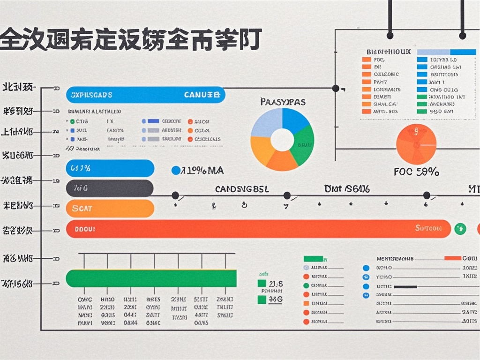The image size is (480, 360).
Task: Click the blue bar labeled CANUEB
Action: tap(145, 95)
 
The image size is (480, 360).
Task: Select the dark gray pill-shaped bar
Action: tap(110, 188)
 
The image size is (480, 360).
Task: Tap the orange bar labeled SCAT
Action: tap(110, 209)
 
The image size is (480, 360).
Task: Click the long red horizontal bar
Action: tap(258, 229)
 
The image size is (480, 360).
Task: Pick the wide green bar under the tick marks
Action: tap(151, 278)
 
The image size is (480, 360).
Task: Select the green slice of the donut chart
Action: tap(302, 142)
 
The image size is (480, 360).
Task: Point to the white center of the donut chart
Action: tap(282, 140)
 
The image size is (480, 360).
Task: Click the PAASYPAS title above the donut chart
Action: tap(282, 101)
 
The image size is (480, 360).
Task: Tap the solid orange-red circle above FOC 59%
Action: tap(416, 144)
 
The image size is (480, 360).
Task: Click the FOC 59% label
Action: tap(416, 172)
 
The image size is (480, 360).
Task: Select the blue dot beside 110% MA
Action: tap(176, 171)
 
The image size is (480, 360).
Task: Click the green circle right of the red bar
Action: tap(459, 229)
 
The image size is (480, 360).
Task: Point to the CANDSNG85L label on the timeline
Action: tap(242, 189)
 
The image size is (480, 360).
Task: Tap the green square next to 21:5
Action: tap(262, 284)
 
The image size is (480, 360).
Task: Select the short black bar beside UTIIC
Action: tap(405, 286)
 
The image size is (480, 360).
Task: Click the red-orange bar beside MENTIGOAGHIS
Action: tap(452, 258)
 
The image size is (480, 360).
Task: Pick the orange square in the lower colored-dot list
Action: tap(306, 304)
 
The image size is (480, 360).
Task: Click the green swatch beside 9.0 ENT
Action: tap(422, 112)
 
